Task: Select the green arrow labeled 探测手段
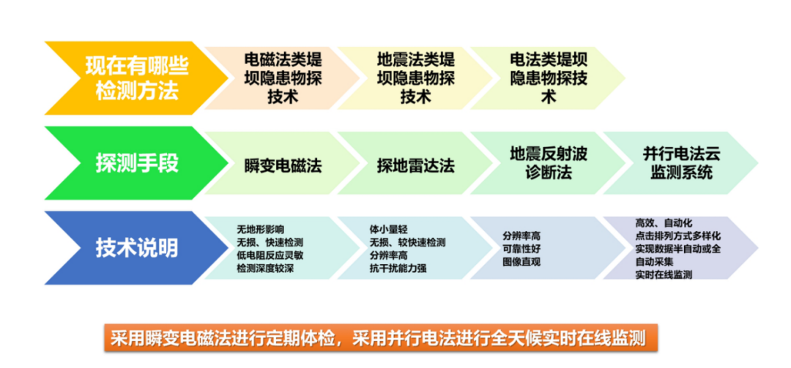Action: click(x=132, y=162)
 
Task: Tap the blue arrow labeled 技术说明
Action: click(x=132, y=247)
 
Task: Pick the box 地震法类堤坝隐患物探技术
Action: click(x=415, y=77)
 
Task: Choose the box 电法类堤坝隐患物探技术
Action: click(x=546, y=77)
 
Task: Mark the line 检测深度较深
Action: click(x=264, y=269)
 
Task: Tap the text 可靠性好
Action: click(x=521, y=248)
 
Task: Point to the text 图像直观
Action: click(x=521, y=261)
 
